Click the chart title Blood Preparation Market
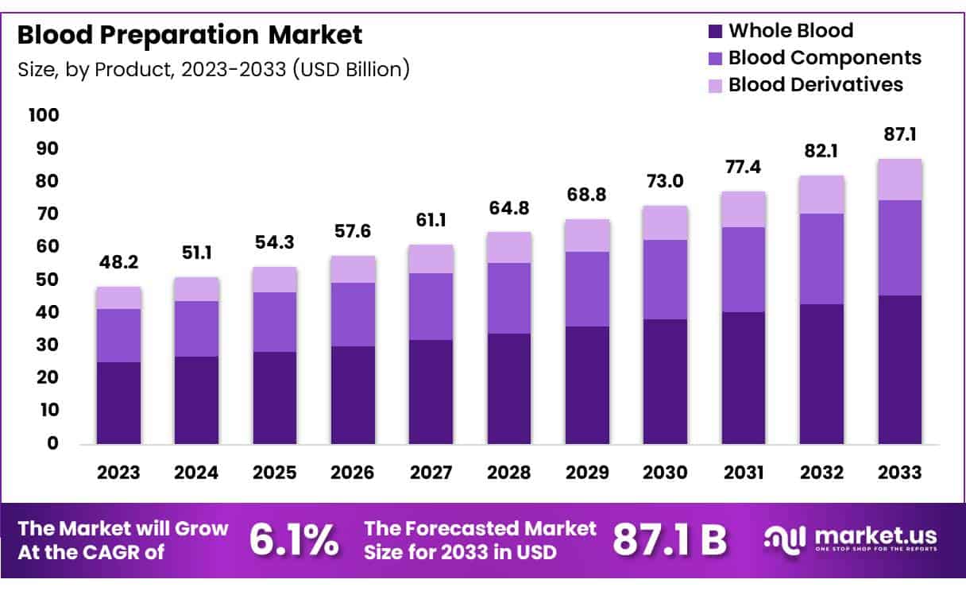[190, 35]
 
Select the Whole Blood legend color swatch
[714, 32]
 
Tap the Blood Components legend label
[825, 57]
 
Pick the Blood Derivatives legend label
[816, 84]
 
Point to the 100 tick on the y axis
[43, 115]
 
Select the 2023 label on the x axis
[118, 473]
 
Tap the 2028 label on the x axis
[509, 473]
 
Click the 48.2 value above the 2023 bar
[118, 262]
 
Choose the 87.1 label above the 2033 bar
[900, 134]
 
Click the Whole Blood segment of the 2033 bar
[900, 369]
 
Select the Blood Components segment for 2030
[666, 280]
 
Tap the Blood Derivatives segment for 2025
[275, 280]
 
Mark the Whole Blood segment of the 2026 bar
[353, 395]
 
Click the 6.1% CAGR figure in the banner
[293, 539]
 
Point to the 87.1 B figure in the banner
[669, 539]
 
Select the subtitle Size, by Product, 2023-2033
[214, 69]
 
